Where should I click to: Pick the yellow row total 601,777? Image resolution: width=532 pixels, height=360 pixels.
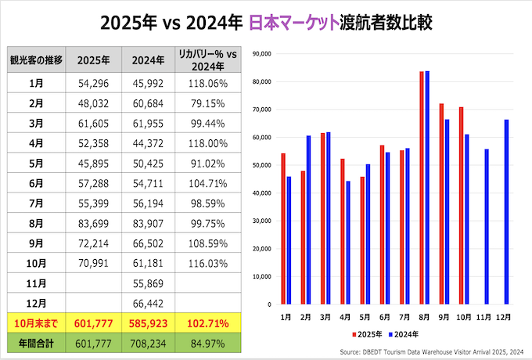click(x=94, y=322)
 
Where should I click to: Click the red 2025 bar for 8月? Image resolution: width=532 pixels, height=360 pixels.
click(x=422, y=188)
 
